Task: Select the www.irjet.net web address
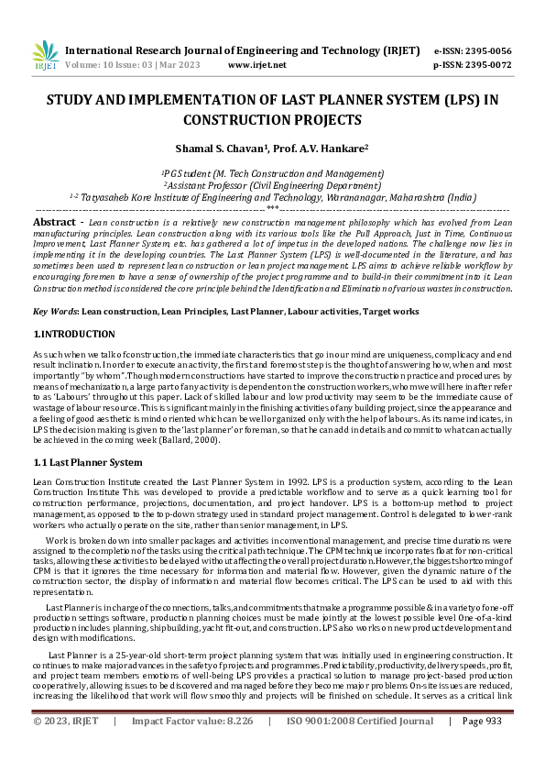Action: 256,65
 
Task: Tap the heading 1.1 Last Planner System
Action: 88,461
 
